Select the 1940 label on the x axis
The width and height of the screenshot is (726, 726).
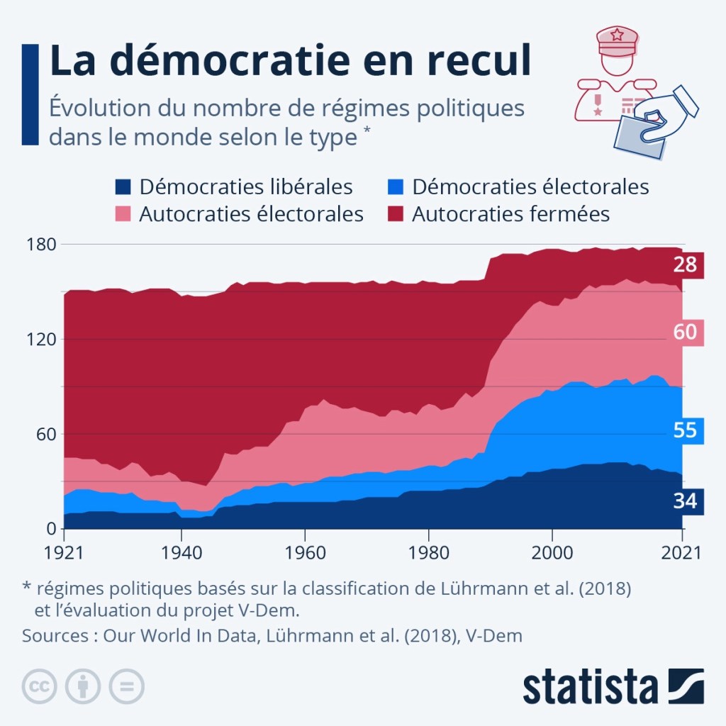pyautogui.click(x=181, y=553)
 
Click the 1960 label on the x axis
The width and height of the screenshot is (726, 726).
pyautogui.click(x=305, y=553)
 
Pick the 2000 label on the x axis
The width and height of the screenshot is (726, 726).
pyautogui.click(x=552, y=553)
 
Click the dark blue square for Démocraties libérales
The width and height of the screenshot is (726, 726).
pyautogui.click(x=123, y=187)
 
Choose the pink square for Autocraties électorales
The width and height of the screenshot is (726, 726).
pyautogui.click(x=123, y=214)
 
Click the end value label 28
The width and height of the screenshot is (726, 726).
pyautogui.click(x=686, y=265)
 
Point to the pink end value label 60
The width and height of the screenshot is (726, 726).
pyautogui.click(x=686, y=332)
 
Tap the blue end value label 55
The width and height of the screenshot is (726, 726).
pyautogui.click(x=686, y=430)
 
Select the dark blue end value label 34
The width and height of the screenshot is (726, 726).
pyautogui.click(x=686, y=501)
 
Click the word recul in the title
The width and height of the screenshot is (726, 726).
pyautogui.click(x=469, y=62)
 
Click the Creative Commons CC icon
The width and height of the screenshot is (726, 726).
pyautogui.click(x=40, y=686)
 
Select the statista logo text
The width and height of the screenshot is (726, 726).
pyautogui.click(x=591, y=686)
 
